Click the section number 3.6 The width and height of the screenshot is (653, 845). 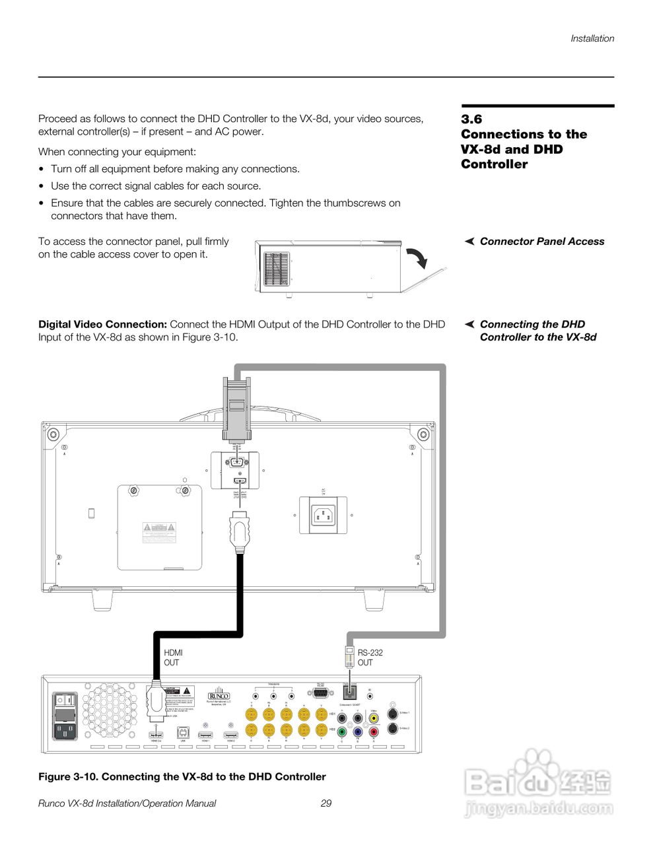click(471, 119)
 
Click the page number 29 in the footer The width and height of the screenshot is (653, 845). click(326, 803)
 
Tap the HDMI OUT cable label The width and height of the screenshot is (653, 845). click(172, 658)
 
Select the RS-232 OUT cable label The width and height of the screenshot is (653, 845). click(370, 658)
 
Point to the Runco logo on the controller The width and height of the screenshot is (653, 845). click(218, 696)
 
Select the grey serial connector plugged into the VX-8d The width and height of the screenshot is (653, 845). click(236, 407)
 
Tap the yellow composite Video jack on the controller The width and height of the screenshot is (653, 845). click(374, 718)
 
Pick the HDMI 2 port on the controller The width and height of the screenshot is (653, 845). click(230, 734)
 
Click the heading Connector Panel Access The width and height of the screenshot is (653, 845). click(541, 242)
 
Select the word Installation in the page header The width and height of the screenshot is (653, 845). click(592, 38)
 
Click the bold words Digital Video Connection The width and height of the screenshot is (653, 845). click(102, 324)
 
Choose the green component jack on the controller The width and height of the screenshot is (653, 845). click(341, 731)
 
